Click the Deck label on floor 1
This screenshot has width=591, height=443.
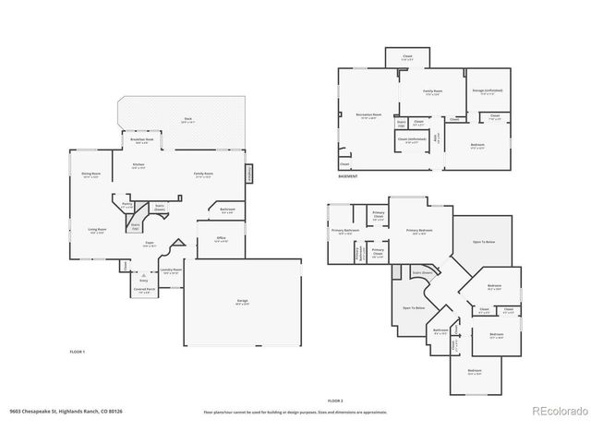point(187,119)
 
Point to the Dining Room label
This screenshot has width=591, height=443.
point(91,174)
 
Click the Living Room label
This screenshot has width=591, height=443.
point(97,231)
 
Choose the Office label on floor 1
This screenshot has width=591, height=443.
point(222,239)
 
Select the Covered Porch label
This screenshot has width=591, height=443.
point(144,291)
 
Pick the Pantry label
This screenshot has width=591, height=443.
point(127,207)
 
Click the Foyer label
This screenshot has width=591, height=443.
point(149,245)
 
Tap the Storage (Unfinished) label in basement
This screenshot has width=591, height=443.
point(485,90)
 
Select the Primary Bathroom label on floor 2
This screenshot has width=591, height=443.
point(344,231)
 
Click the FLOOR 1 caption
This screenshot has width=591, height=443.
point(78,352)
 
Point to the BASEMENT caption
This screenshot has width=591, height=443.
point(347,175)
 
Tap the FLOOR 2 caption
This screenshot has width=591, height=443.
point(335,401)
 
